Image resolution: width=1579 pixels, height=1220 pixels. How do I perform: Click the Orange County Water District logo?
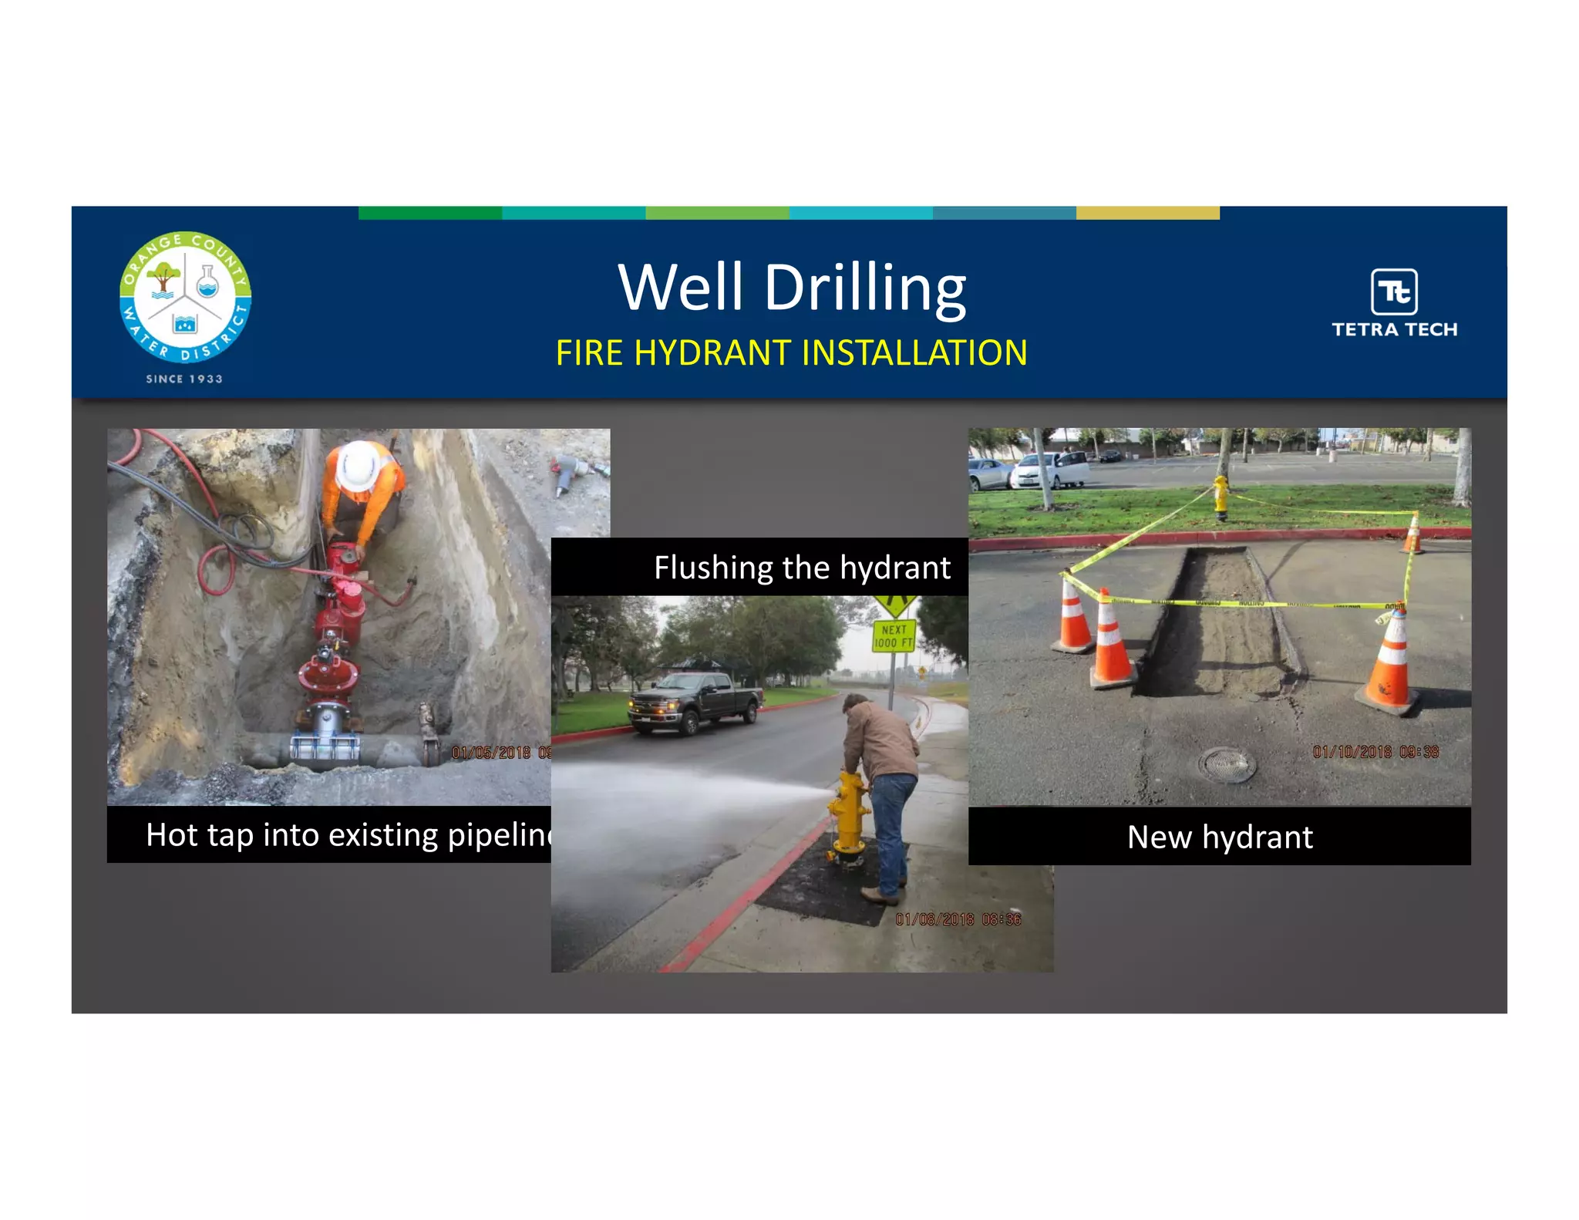coord(185,297)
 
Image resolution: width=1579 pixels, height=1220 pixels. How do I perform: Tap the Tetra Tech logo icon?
coord(1394,292)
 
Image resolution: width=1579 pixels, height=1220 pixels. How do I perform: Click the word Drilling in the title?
coord(864,288)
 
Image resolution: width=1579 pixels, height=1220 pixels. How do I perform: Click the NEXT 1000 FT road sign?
coord(894,635)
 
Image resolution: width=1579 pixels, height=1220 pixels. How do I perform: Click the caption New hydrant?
coord(1220,837)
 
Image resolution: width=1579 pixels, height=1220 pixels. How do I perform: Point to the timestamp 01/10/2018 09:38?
coord(1375,752)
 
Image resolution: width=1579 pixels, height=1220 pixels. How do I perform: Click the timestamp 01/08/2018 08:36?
coord(958,919)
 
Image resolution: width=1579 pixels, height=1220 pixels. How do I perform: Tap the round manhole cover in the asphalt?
coord(1227,764)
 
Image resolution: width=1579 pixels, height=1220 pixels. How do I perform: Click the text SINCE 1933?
coord(184,379)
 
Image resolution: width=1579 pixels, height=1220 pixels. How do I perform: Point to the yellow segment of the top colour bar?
coord(1147,213)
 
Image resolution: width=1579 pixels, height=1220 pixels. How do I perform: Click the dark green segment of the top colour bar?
coord(430,213)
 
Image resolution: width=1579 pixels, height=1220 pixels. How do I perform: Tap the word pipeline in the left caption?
coord(500,835)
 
